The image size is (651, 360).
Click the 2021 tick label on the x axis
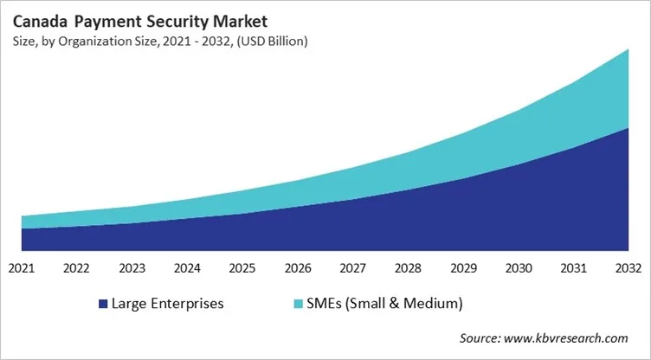click(22, 268)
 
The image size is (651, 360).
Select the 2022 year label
click(77, 268)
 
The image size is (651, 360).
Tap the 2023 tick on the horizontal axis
click(132, 268)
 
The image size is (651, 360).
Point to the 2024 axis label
click(187, 268)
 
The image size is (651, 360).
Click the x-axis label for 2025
click(242, 268)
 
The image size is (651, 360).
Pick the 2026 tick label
click(298, 268)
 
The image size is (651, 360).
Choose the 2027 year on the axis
click(353, 268)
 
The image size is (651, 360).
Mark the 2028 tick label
click(408, 268)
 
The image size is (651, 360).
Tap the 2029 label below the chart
click(463, 268)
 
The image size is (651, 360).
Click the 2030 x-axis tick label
click(519, 268)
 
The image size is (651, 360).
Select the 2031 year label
click(574, 268)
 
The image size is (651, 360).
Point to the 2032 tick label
click(628, 268)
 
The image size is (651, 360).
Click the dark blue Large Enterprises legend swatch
click(103, 304)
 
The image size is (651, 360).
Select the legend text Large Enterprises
click(167, 304)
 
